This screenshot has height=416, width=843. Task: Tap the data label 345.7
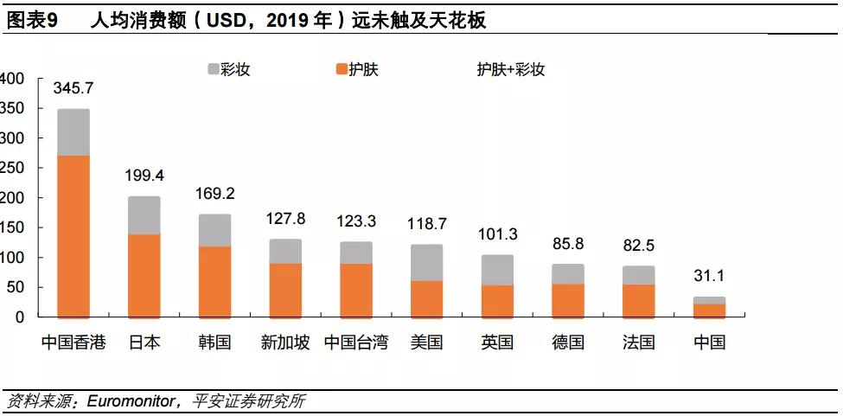pos(73,88)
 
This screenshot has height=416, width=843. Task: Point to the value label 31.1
pos(709,276)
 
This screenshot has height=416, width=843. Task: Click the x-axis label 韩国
pos(214,342)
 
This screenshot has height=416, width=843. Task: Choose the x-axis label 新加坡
pos(284,342)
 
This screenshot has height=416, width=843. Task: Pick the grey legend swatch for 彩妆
pos(214,69)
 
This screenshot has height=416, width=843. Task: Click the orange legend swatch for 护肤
pos(342,69)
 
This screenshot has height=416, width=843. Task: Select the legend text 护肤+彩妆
pos(511,69)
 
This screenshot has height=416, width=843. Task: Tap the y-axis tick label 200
pos(12,198)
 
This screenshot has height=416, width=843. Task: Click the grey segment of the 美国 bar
pos(426,262)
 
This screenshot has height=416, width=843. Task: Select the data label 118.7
pos(426,224)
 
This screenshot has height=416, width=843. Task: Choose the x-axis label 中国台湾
pos(355,342)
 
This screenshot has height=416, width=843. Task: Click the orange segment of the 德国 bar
pos(568,299)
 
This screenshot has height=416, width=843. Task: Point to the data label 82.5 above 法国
pos(638,246)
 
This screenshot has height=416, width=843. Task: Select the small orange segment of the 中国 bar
pos(709,310)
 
